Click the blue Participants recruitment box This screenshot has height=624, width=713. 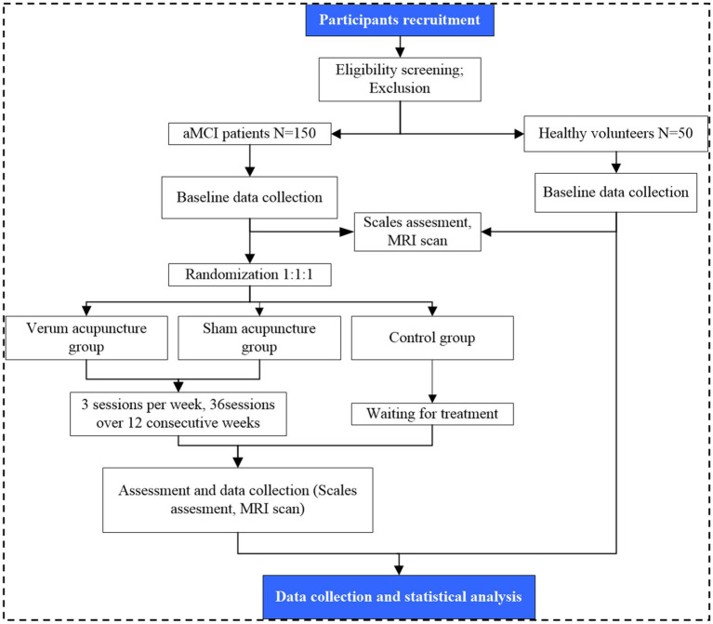400,20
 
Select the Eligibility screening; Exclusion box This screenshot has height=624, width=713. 400,79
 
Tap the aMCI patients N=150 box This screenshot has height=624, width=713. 250,134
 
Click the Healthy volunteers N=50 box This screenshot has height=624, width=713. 615,134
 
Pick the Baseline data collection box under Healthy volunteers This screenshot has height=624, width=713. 615,193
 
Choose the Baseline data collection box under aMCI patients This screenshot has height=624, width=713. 250,197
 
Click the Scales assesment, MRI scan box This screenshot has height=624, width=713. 417,232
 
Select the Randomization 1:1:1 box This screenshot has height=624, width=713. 250,274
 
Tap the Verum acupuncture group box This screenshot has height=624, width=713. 86,338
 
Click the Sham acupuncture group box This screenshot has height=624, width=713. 259,338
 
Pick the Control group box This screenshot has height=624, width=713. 432,338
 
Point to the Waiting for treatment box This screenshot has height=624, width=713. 432,414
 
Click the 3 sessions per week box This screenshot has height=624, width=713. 178,414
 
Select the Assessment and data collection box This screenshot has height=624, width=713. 238,499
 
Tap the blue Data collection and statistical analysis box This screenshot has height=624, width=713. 399,597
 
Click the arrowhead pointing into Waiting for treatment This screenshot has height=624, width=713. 432,398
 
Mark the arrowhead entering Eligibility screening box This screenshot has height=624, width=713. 400,53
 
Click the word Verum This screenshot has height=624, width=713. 43,328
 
